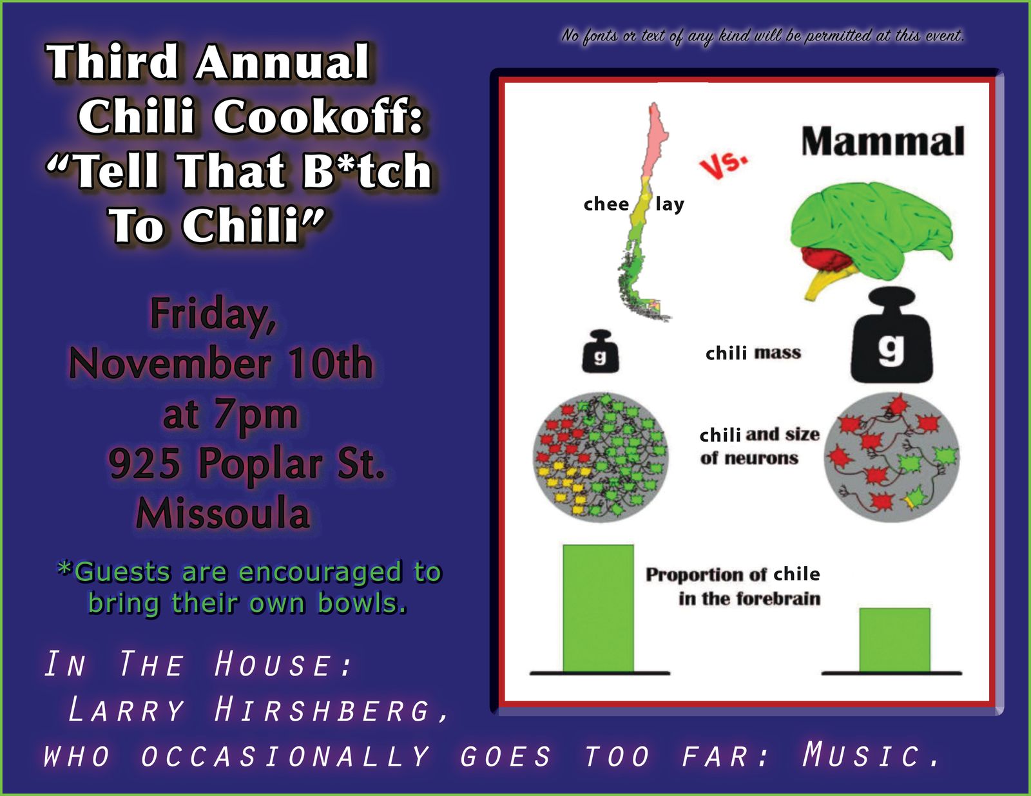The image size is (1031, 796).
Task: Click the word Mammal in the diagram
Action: [x=883, y=141]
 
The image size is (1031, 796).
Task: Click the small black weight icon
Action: [x=600, y=351]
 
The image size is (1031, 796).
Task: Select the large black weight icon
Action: [x=892, y=336]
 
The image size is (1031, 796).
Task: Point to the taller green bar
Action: [x=598, y=608]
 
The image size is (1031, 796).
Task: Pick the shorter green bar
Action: [x=895, y=640]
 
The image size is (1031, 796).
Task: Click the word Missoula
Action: [x=223, y=513]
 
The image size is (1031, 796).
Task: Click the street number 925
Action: [x=144, y=462]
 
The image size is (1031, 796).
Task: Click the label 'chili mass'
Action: [x=753, y=353]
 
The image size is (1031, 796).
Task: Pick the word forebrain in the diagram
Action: [x=778, y=599]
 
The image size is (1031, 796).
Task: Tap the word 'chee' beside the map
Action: [x=606, y=204]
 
